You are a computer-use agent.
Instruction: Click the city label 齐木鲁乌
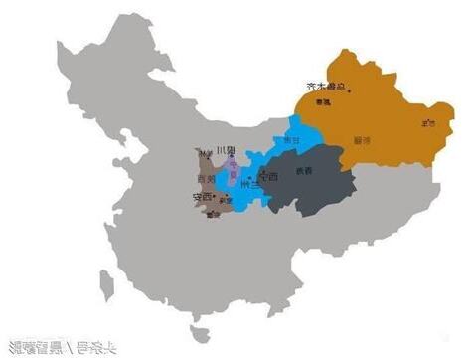[x=327, y=87]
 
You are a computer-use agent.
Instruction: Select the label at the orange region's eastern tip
[x=428, y=122]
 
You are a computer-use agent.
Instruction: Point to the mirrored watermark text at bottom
[x=60, y=347]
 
